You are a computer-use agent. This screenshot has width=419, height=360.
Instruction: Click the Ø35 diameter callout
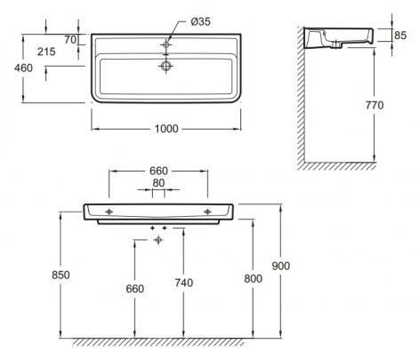coord(200,21)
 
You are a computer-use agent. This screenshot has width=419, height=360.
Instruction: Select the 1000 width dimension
coord(166,129)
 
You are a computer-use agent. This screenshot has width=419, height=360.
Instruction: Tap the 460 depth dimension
coord(23,68)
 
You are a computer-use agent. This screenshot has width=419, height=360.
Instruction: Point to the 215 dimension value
coord(46,52)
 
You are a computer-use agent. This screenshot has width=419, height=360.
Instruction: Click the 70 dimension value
coord(70,40)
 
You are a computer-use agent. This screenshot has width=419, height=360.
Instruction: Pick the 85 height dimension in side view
coord(400,36)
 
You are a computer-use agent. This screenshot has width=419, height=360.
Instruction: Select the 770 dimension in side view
coord(375,105)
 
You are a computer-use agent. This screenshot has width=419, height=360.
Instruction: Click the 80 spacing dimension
coord(158,183)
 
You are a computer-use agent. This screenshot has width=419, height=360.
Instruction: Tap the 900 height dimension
coord(280,266)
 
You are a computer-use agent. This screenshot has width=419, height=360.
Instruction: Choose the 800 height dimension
coord(253,279)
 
